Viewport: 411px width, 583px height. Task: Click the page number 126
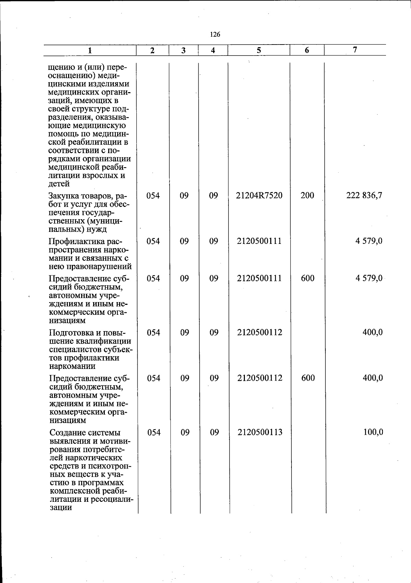(215, 34)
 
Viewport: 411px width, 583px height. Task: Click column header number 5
(259, 50)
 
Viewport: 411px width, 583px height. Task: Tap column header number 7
(355, 50)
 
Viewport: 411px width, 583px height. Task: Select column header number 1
(90, 50)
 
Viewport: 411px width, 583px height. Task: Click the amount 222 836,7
(364, 196)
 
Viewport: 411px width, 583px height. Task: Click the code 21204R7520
(259, 196)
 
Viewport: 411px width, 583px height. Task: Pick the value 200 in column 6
(307, 196)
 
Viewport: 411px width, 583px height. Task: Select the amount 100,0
(373, 432)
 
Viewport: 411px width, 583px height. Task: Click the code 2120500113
(260, 432)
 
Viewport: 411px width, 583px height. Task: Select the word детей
(59, 184)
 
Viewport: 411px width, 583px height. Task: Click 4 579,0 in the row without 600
(369, 241)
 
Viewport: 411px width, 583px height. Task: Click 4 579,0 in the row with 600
(369, 278)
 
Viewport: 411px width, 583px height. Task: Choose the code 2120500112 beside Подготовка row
(260, 332)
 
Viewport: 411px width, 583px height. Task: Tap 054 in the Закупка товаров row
(153, 196)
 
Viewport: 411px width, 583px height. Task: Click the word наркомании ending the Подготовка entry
(72, 366)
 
